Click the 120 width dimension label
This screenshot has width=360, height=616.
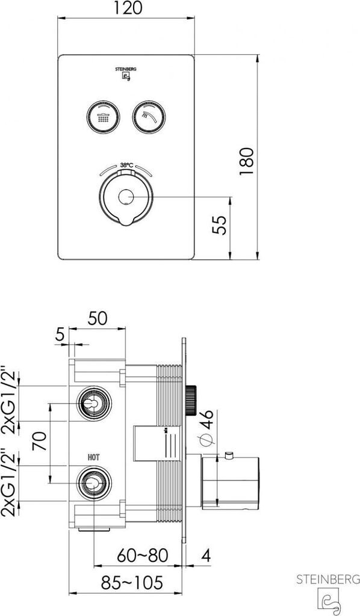click(128, 8)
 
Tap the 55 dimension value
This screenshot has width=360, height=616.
click(220, 225)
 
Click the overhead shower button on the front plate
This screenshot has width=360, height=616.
click(104, 117)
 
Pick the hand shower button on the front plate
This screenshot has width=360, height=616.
click(149, 117)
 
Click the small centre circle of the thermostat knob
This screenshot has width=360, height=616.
click(126, 197)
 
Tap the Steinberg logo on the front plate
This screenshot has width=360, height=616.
click(126, 73)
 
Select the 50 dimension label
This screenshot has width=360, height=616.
click(98, 318)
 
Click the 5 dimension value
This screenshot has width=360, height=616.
click(60, 334)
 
